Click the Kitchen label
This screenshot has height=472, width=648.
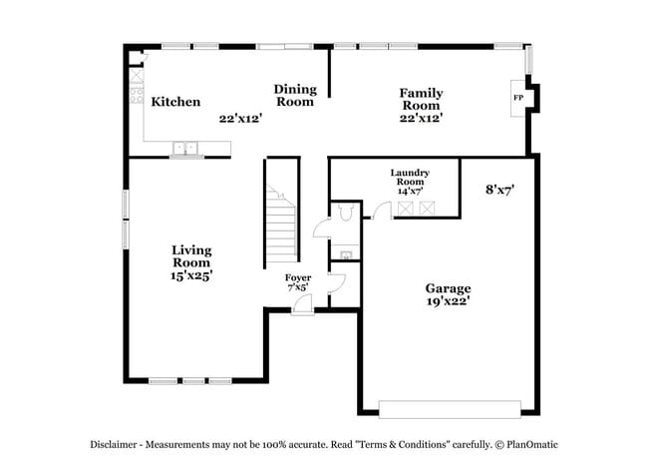(175, 102)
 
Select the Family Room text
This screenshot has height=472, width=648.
(422, 99)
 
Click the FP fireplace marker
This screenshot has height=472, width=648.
(517, 98)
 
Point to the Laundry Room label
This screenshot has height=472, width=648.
(410, 178)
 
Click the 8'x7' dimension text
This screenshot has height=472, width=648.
(499, 188)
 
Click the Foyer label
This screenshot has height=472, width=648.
(298, 277)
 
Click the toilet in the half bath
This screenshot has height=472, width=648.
(345, 212)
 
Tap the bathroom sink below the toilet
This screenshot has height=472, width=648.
(346, 254)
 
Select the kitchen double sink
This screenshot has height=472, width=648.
(185, 150)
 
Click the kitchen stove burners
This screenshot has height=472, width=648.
(135, 96)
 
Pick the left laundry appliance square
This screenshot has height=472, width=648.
(405, 208)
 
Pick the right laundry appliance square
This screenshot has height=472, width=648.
(427, 208)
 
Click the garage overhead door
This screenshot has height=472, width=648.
(450, 409)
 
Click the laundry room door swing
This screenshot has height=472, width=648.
(380, 209)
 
